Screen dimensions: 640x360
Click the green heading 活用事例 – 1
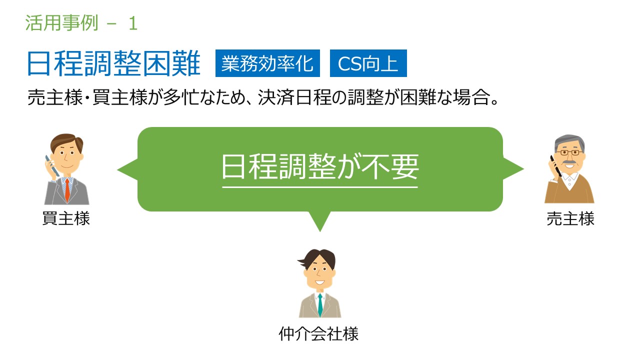81,23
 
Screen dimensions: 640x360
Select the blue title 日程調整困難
113,63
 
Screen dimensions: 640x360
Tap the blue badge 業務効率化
267,63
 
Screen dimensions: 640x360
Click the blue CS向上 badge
368,63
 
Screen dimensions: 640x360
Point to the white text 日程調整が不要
320,166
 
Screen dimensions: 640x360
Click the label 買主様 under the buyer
66,218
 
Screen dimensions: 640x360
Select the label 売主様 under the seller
570,219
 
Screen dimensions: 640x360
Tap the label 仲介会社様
318,333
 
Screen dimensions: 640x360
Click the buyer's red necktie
67,189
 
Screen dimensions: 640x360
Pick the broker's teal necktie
320,305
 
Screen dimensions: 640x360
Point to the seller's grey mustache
569,162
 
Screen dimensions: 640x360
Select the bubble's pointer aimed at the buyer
127,170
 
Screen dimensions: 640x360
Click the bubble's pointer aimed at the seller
513,169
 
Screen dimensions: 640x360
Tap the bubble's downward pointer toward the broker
320,221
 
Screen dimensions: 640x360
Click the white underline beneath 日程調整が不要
320,187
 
